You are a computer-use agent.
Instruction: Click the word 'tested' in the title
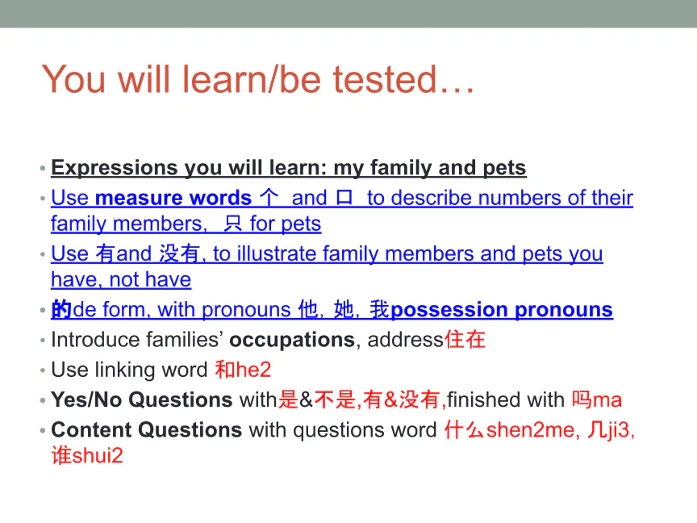385,79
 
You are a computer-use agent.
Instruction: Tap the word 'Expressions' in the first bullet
115,168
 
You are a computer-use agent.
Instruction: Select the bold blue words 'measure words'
173,198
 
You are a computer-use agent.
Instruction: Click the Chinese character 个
269,198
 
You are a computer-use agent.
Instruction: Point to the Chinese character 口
344,198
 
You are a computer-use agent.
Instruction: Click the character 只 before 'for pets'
233,224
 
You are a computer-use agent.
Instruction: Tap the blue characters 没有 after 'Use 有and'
179,254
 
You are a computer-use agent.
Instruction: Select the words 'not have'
150,280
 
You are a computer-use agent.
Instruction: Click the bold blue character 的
61,310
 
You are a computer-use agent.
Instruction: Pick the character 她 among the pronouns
343,310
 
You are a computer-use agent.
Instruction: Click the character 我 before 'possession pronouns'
380,310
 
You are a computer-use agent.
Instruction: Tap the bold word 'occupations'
292,340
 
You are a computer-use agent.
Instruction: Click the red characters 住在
465,339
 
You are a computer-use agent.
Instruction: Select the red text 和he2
243,370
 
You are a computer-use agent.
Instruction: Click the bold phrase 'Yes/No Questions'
142,400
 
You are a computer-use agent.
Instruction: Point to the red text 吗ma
596,400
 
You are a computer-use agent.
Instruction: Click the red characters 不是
335,400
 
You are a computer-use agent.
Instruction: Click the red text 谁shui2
87,455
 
